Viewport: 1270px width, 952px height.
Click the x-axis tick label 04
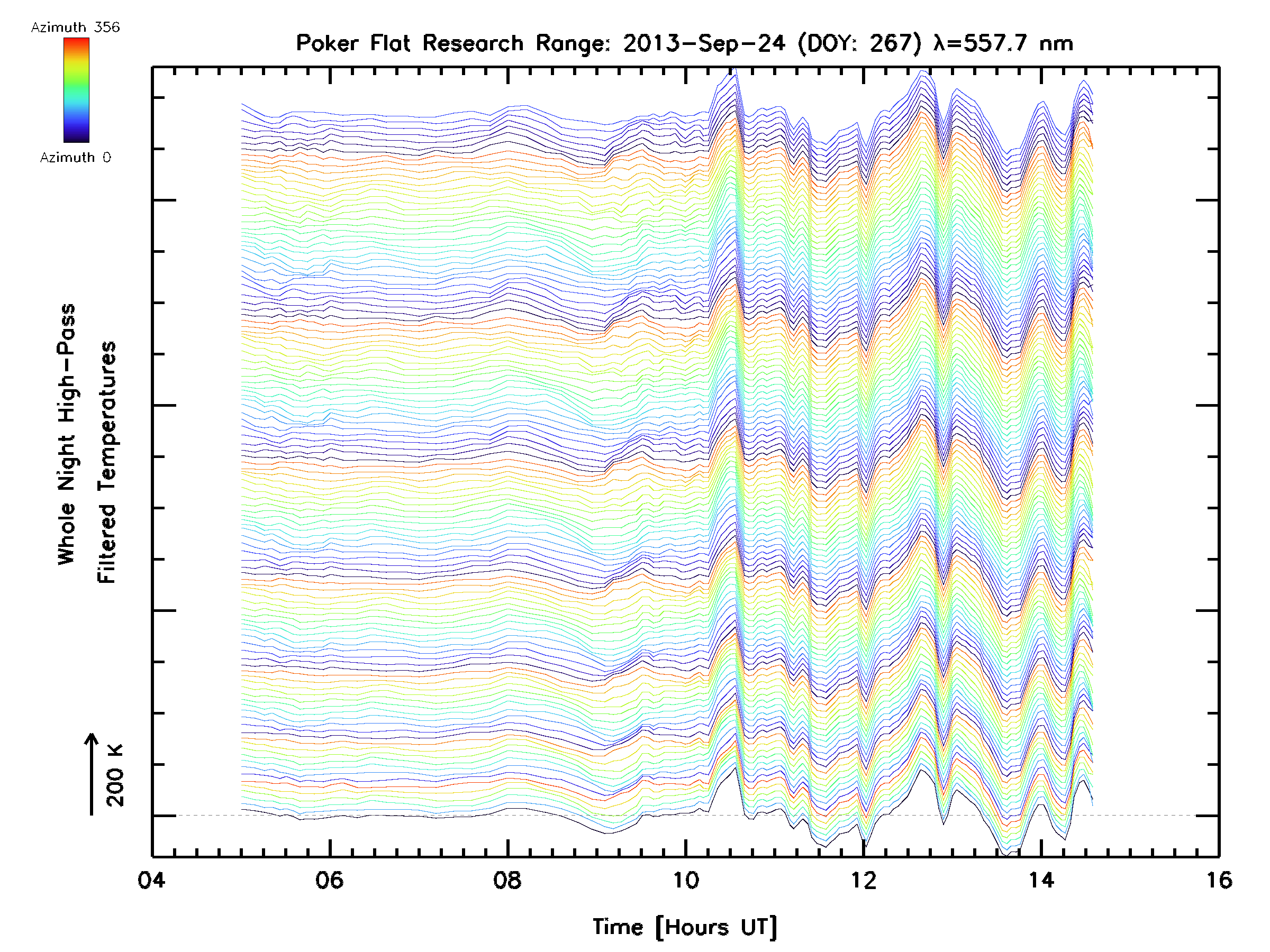151,880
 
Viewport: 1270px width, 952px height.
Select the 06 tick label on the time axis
329,880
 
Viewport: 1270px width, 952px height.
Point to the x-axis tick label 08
507,880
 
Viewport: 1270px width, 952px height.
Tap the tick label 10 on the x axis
685,880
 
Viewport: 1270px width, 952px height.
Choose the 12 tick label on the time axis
863,880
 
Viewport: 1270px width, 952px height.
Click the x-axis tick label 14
1041,880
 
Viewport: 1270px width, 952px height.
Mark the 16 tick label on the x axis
1218,880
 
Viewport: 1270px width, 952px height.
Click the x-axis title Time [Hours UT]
685,927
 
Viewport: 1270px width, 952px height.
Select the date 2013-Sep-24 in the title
704,43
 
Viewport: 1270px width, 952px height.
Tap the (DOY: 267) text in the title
860,43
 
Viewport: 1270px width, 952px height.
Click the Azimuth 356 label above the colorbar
75,28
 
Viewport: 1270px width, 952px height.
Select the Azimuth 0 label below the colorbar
75,157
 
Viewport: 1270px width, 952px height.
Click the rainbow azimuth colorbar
76,90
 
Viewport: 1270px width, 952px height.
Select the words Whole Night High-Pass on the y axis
67,434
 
